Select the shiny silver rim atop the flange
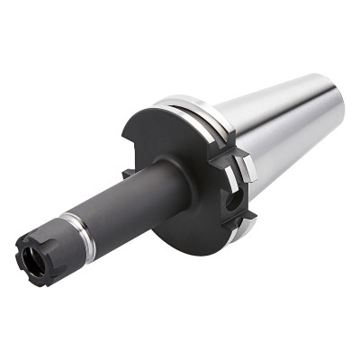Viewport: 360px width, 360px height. pos(180,102)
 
